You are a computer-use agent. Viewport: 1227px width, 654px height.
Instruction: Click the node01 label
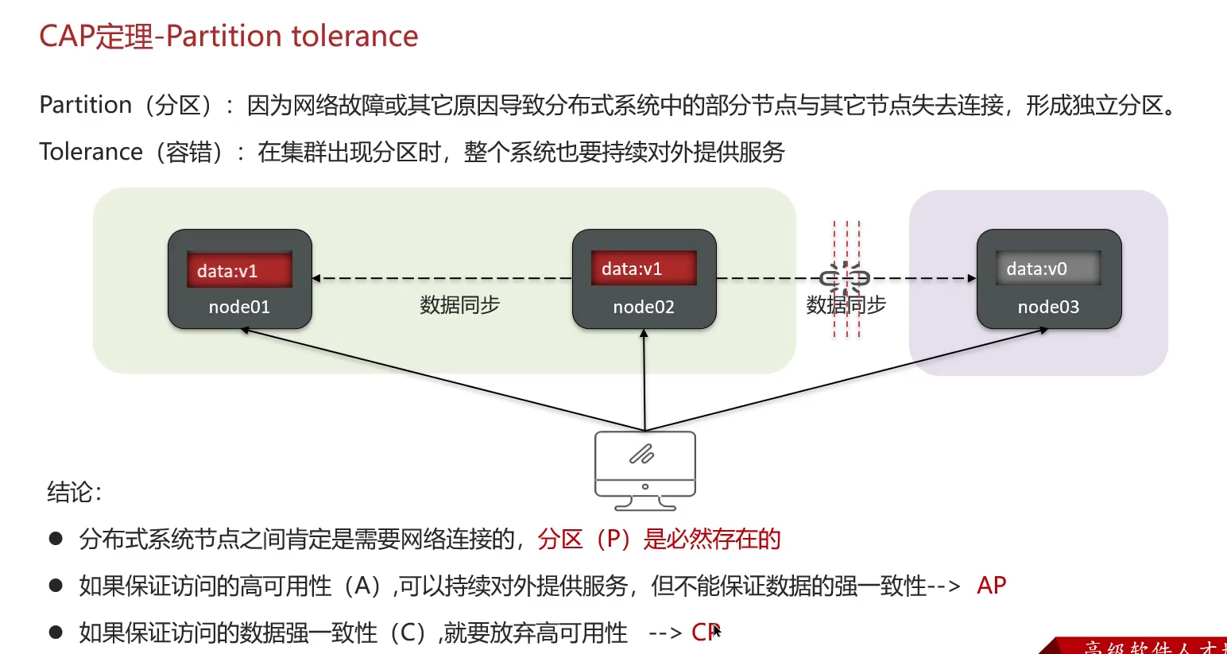click(239, 308)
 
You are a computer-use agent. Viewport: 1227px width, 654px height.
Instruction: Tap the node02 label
click(644, 308)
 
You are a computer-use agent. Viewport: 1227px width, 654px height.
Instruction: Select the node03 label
click(1048, 308)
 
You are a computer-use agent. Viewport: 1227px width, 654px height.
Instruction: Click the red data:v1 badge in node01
click(239, 270)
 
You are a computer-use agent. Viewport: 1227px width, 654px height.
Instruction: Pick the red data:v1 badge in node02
click(644, 269)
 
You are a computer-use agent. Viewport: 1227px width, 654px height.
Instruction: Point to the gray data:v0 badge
click(1048, 269)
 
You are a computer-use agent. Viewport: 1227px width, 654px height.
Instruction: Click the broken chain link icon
click(845, 278)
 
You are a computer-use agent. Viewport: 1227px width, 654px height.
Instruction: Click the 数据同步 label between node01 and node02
click(459, 305)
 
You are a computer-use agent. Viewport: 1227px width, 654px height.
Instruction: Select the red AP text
click(992, 586)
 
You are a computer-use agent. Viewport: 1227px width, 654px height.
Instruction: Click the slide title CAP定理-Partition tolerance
click(229, 37)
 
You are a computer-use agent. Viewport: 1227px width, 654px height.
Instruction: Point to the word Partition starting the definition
click(86, 105)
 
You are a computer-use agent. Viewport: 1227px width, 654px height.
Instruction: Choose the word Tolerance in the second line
click(91, 152)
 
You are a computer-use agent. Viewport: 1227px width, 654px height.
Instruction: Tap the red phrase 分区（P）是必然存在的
click(659, 540)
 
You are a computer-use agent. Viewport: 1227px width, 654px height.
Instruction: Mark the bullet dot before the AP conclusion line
click(56, 586)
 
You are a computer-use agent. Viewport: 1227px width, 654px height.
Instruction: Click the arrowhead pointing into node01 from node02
click(316, 278)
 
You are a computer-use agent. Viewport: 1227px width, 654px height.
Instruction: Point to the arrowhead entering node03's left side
click(972, 278)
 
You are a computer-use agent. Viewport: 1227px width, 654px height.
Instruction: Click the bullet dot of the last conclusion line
click(56, 633)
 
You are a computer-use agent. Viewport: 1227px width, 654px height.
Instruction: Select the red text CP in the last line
click(705, 633)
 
